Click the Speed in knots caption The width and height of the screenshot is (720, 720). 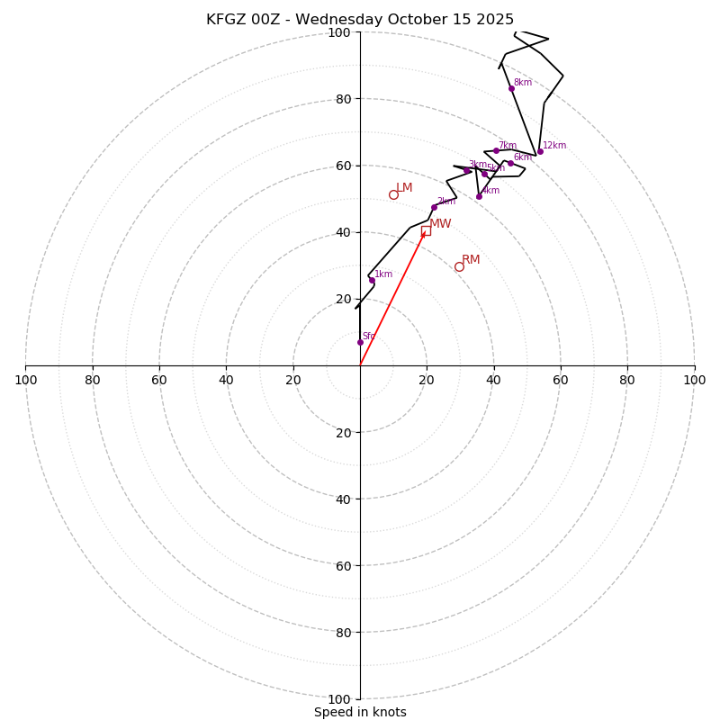360,712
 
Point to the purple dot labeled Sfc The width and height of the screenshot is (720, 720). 360,342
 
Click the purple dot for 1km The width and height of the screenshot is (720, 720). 372,280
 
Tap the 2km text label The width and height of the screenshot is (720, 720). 446,202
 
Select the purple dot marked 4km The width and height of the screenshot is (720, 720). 479,196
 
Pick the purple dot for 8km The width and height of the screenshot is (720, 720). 511,88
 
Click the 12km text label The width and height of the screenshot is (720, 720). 554,146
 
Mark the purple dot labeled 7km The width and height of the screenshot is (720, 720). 496,150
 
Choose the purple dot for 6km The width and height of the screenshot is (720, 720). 510,163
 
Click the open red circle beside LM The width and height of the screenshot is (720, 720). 393,194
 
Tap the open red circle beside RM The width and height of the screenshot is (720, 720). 459,266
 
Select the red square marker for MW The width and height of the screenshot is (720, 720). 426,230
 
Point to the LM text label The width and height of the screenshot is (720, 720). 404,188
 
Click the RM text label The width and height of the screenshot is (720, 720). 471,260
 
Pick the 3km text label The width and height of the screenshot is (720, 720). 477,165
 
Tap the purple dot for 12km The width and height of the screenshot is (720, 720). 540,151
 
